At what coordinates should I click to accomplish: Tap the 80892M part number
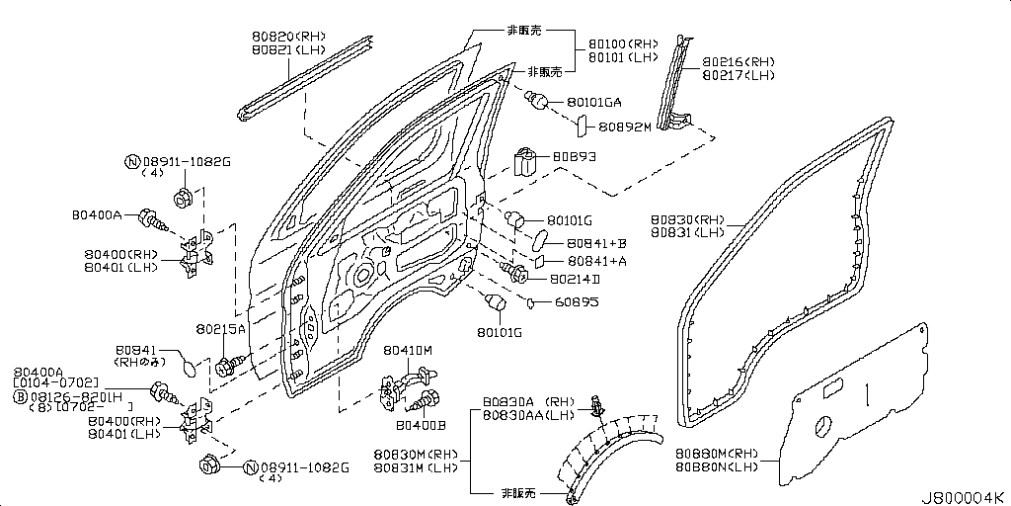tap(626, 127)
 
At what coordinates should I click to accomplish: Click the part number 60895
tap(576, 301)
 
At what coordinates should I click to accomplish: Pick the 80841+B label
tap(597, 242)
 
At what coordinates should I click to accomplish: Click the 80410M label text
tap(409, 350)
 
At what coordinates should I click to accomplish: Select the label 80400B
tap(421, 425)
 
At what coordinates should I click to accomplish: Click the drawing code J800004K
tap(964, 495)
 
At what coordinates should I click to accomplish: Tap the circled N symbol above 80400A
tap(131, 161)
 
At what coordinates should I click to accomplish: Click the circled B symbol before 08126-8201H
tap(19, 396)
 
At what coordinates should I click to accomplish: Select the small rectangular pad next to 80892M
tap(583, 127)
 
